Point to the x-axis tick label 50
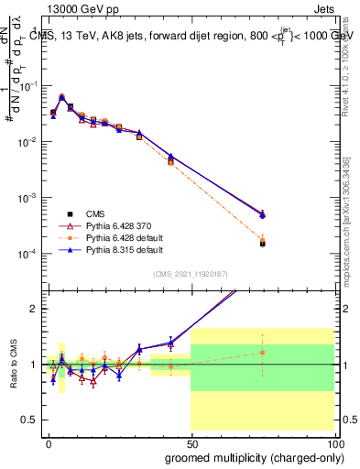coord(191,443)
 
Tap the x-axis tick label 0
coord(49,443)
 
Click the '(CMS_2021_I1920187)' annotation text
coord(190,273)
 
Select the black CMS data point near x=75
coord(262,244)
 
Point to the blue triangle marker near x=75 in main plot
coord(262,215)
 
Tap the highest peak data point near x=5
coord(61,97)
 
